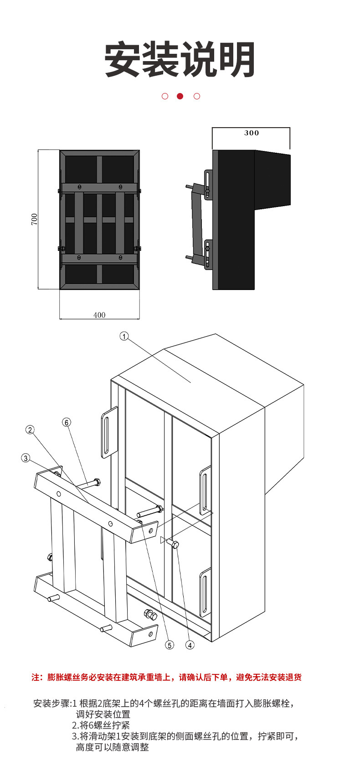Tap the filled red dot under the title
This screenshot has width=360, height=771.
click(180, 96)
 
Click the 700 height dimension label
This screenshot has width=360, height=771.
click(35, 219)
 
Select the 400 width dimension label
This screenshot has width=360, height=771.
click(99, 315)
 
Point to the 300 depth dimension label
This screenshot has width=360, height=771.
click(252, 133)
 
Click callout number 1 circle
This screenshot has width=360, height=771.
click(124, 336)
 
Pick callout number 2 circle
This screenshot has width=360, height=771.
click(30, 429)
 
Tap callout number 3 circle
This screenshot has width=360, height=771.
click(26, 458)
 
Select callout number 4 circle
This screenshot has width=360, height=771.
click(190, 645)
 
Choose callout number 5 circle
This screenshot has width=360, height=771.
click(170, 645)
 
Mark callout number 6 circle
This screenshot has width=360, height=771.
click(67, 422)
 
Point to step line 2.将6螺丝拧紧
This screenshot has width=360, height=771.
click(101, 725)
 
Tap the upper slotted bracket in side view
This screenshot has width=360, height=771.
click(208, 184)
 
